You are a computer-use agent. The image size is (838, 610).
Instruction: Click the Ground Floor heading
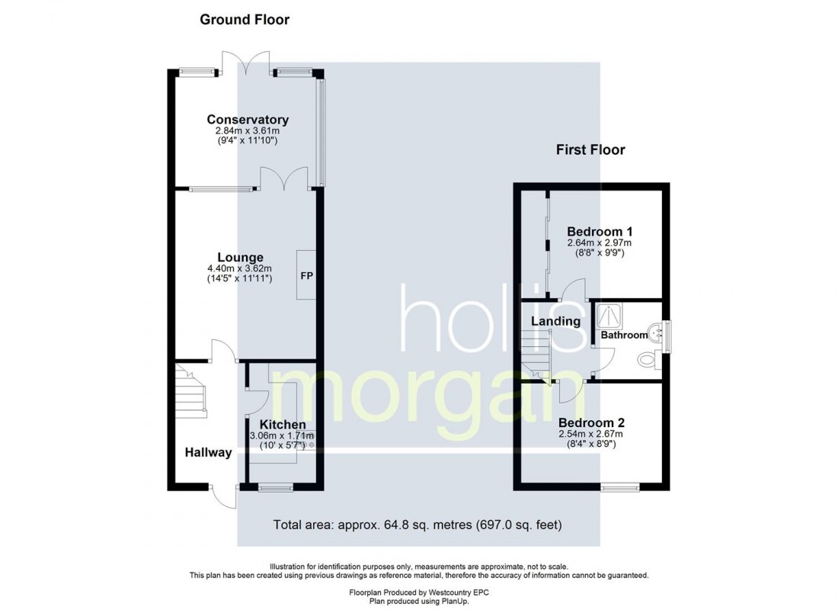pos(245,20)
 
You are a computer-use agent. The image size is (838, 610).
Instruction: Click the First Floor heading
pos(590,149)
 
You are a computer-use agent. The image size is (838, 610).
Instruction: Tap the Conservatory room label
pos(248,120)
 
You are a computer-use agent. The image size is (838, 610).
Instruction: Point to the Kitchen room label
pos(283,425)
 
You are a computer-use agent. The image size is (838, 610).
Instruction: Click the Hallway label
pos(208,452)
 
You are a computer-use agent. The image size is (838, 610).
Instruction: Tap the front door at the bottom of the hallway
pos(225,496)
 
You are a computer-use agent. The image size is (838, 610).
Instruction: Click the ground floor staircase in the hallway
pos(190,390)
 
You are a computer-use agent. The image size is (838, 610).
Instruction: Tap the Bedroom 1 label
pos(600,232)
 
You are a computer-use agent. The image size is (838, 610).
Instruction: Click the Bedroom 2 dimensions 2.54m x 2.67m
pos(591,435)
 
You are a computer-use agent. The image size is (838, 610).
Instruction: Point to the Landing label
pos(555,321)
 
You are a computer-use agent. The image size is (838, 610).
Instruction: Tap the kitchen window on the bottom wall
pos(270,486)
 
